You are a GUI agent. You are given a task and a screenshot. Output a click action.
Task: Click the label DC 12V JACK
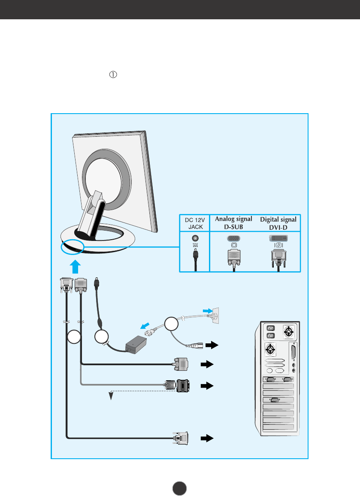(195, 223)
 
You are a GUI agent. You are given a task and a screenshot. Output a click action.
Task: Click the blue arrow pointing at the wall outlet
(207, 310)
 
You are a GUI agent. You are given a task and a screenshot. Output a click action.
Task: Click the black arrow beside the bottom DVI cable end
(207, 438)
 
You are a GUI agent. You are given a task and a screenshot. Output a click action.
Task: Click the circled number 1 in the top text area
(114, 75)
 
